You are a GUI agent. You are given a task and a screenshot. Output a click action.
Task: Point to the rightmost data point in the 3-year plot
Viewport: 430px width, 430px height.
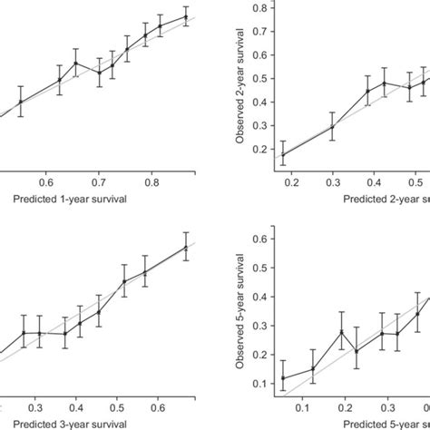(x=185, y=246)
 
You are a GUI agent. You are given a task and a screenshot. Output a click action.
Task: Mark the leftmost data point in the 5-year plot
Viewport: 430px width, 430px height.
(x=285, y=378)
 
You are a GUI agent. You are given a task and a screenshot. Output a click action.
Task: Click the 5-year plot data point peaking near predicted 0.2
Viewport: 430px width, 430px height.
(x=341, y=331)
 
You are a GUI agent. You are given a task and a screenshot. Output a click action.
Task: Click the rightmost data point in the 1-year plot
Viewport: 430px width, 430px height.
(x=185, y=16)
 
